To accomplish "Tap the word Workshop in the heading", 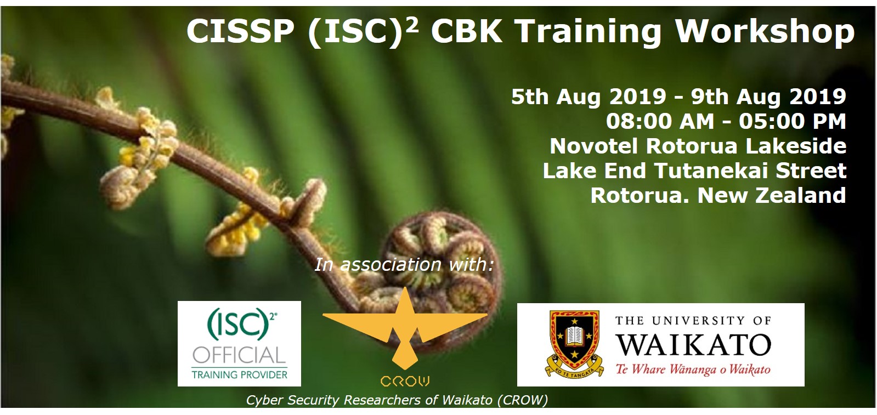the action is pos(765,33).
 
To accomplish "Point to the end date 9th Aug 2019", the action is pos(768,96).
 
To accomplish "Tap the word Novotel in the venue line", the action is pos(595,146).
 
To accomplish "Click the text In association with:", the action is pos(404,265).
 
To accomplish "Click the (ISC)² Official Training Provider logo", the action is pos(239,344).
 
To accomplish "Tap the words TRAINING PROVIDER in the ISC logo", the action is pos(240,374).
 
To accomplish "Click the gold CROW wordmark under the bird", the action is pos(405,381).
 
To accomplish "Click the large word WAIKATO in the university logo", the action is pos(693,344).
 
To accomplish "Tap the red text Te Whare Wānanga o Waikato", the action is pos(693,369).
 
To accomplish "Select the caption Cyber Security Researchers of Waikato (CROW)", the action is pos(397,400).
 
